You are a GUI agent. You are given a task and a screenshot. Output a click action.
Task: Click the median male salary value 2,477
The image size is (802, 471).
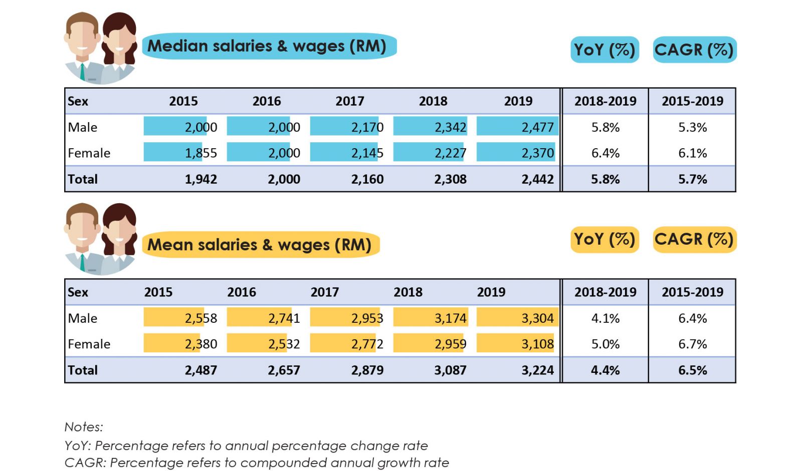(x=537, y=127)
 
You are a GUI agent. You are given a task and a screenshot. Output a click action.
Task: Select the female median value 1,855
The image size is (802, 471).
(x=200, y=153)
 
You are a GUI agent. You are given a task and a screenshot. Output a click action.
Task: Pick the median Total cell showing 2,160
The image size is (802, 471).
(x=367, y=179)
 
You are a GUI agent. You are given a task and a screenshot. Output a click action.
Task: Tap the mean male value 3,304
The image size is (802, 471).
(x=537, y=318)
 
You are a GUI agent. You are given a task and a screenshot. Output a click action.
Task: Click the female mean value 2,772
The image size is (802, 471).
(x=367, y=344)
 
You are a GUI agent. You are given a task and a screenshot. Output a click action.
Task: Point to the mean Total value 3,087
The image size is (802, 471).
(x=450, y=370)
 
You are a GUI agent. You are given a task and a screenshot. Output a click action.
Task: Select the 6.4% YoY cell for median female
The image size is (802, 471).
(x=605, y=153)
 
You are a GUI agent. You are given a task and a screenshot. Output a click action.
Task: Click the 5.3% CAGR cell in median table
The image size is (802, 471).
(x=692, y=127)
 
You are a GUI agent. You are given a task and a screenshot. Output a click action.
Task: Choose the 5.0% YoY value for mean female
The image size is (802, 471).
(x=605, y=344)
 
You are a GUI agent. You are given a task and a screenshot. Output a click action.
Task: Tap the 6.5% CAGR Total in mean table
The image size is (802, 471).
(x=692, y=370)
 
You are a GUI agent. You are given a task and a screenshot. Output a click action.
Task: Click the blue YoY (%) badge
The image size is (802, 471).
(x=605, y=50)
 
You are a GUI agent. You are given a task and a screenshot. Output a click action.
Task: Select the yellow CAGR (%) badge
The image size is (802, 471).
(x=694, y=239)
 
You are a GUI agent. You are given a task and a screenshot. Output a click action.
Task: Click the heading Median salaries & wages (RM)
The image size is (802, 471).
(x=267, y=46)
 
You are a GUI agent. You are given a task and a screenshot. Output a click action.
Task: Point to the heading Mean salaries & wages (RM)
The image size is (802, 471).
(x=259, y=245)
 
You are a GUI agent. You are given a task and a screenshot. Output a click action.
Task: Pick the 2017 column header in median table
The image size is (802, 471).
(x=349, y=101)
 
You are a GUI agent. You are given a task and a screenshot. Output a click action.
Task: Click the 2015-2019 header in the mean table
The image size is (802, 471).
(x=692, y=292)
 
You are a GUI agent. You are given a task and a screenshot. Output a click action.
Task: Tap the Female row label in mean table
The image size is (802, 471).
(x=89, y=344)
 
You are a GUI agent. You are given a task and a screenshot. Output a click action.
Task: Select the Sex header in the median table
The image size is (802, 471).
(x=78, y=101)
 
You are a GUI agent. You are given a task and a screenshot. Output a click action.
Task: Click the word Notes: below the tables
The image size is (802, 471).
(x=84, y=427)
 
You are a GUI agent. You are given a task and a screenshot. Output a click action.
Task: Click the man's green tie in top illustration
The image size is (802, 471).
(x=82, y=72)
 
